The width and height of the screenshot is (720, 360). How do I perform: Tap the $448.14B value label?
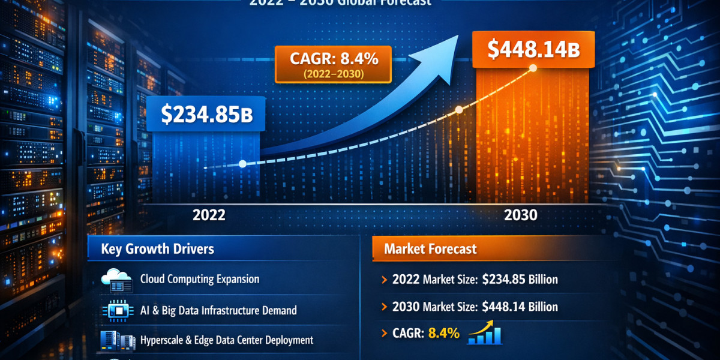pos(533,50)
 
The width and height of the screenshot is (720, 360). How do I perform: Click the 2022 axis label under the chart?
pos(209,215)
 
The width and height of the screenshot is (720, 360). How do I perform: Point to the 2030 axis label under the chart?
pos(521,215)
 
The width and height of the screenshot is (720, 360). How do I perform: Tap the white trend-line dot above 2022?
pos(242,163)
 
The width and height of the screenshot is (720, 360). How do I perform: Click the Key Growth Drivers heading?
pos(157,248)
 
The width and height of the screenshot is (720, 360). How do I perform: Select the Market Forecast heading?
pos(430,248)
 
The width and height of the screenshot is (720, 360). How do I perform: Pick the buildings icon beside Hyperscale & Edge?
pos(116,340)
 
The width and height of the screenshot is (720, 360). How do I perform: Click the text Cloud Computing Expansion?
pos(200,279)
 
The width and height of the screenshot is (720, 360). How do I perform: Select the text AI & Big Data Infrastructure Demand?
pos(218,310)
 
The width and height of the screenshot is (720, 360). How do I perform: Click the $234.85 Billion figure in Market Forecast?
pos(520,279)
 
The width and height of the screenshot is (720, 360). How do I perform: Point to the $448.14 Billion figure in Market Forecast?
pos(520,307)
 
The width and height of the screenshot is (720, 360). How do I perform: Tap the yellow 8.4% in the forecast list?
pos(443,334)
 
